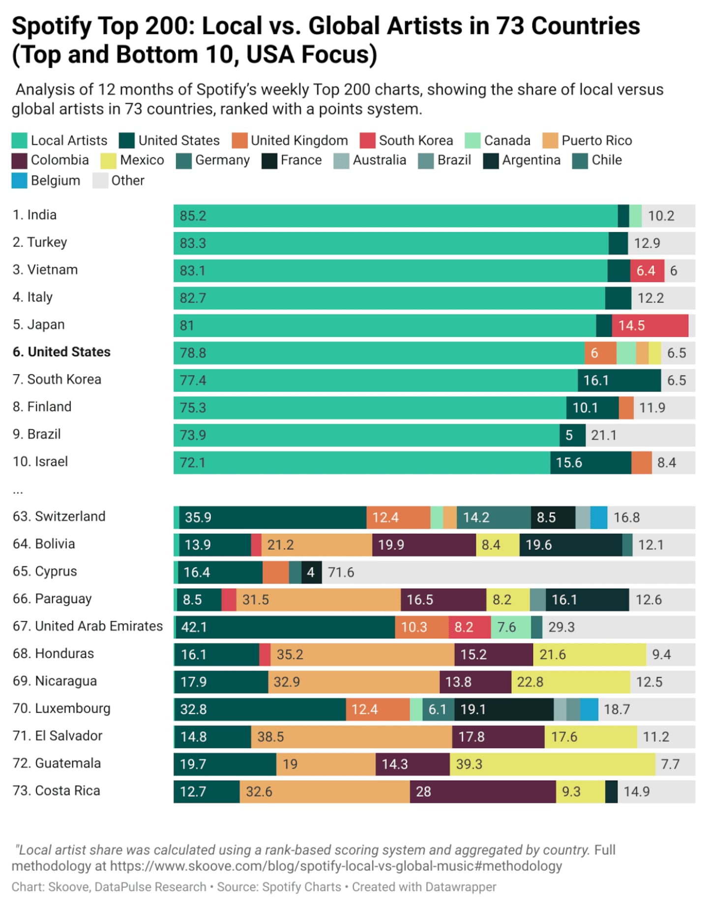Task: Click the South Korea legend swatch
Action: pyautogui.click(x=367, y=141)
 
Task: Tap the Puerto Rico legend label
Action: pyautogui.click(x=596, y=141)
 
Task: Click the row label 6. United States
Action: pyautogui.click(x=61, y=352)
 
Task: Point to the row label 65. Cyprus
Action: pyautogui.click(x=45, y=572)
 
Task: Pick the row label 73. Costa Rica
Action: pyautogui.click(x=57, y=791)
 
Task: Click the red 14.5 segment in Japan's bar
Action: pyautogui.click(x=650, y=326)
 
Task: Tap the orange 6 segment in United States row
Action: pyautogui.click(x=600, y=353)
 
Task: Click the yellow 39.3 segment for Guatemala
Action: pyautogui.click(x=552, y=764)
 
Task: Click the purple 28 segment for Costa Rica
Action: pyautogui.click(x=482, y=792)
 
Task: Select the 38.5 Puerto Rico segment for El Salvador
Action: pyautogui.click(x=351, y=737)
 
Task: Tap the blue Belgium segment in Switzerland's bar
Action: pyautogui.click(x=598, y=517)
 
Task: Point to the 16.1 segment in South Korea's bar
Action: pyautogui.click(x=619, y=381)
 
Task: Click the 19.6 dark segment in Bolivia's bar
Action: pyautogui.click(x=570, y=545)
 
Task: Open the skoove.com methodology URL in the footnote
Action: pyautogui.click(x=335, y=866)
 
